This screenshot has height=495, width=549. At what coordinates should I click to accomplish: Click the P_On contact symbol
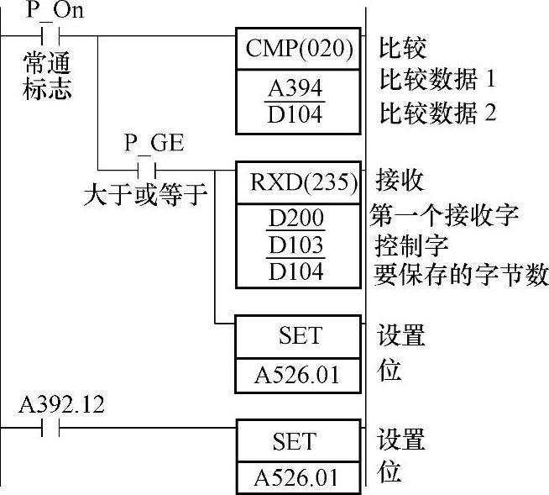coord(49,38)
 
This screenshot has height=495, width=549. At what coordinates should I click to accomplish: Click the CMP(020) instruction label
coord(301,49)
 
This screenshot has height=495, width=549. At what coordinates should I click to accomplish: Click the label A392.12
coord(61,405)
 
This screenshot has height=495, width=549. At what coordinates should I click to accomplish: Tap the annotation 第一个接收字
coord(444,213)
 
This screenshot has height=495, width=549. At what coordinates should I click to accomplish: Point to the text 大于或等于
coord(144,195)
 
